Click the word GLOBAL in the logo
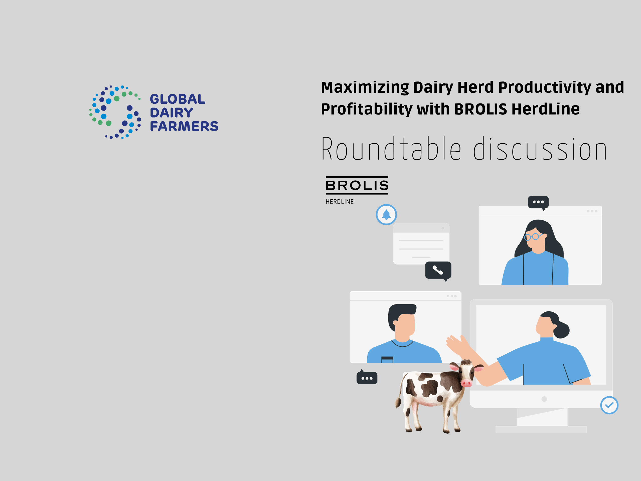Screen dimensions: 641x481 coord(177,99)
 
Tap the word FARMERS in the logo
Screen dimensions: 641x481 coord(184,126)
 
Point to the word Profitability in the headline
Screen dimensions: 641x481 coord(366,109)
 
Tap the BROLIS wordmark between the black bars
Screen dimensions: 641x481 coord(357,185)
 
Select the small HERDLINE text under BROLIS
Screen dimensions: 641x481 coord(339,202)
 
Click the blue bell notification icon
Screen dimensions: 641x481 coord(386,214)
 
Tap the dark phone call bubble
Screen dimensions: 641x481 coord(438,271)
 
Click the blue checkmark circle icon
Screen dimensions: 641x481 coord(609,405)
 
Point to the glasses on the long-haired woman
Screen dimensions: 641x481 coord(533,236)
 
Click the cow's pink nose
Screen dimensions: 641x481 coord(466,383)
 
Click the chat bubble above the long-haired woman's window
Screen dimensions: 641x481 coord(538,202)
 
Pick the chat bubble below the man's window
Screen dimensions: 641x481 coord(367,377)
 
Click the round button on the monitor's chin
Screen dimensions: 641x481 coord(544,399)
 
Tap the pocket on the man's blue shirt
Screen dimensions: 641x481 coord(387,359)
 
